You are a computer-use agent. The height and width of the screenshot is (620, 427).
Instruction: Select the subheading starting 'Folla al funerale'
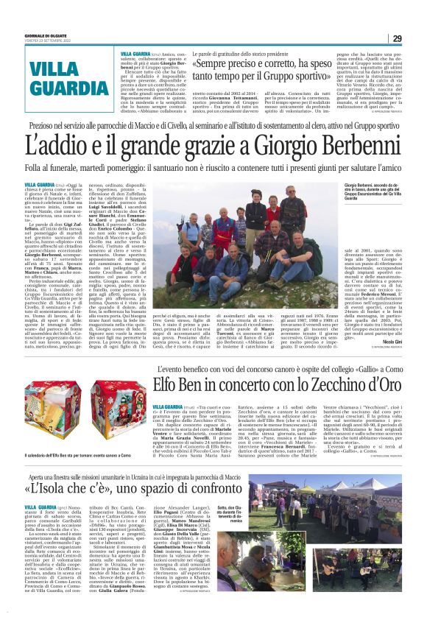(x=213, y=169)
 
